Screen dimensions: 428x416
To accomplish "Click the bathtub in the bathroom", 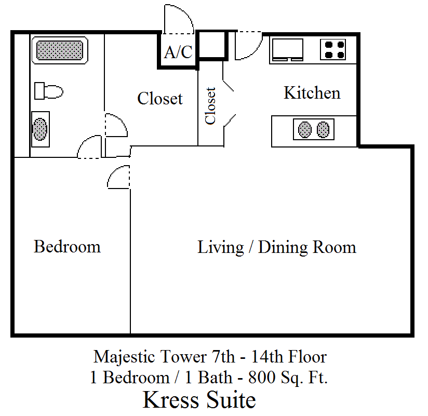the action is pyautogui.click(x=60, y=50).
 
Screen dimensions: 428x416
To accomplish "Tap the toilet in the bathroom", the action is pyautogui.click(x=49, y=91).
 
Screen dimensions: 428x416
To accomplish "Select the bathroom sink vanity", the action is pyautogui.click(x=41, y=129).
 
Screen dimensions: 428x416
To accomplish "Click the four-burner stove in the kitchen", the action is pyautogui.click(x=333, y=49).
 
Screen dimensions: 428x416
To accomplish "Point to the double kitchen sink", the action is pyautogui.click(x=314, y=129).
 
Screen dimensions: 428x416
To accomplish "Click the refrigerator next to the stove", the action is pyautogui.click(x=287, y=49).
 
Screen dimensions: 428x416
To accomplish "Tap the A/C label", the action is pyautogui.click(x=178, y=52).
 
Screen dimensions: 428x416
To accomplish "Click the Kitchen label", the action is pyautogui.click(x=312, y=93).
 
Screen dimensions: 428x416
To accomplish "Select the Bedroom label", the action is pyautogui.click(x=67, y=247).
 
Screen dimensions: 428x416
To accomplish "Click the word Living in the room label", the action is pyautogui.click(x=221, y=248).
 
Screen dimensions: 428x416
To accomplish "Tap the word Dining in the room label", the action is pyautogui.click(x=283, y=248).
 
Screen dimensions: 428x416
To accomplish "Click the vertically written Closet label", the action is pyautogui.click(x=210, y=106).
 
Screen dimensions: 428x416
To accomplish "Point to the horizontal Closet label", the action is pyautogui.click(x=160, y=98).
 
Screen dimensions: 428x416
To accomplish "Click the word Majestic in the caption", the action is pyautogui.click(x=125, y=356).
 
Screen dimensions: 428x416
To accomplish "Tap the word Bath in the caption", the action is pyautogui.click(x=215, y=378).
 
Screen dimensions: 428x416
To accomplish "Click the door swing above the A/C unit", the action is pyautogui.click(x=179, y=19).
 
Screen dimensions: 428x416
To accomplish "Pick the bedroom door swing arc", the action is pyautogui.click(x=118, y=177).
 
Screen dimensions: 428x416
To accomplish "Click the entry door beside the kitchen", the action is pyautogui.click(x=249, y=45).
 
